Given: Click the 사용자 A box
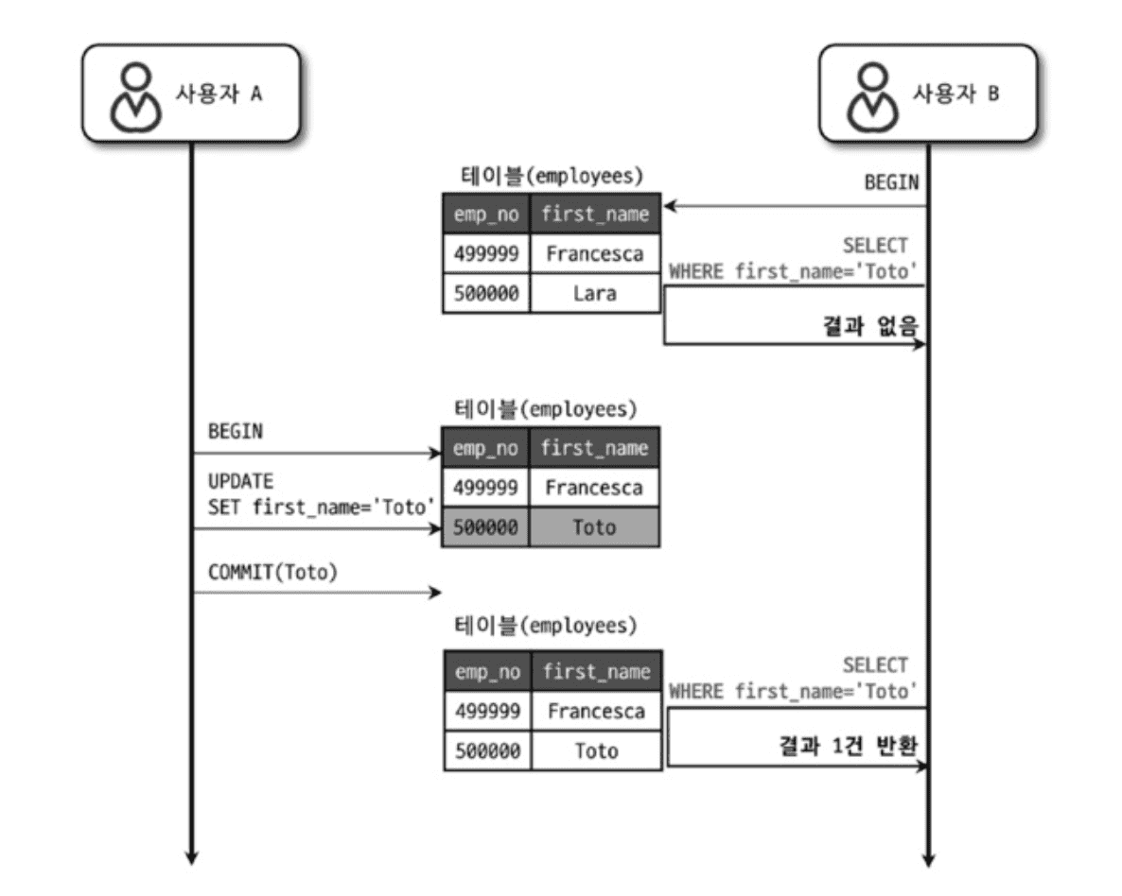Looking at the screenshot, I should [191, 94].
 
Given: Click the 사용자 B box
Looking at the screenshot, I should [928, 94].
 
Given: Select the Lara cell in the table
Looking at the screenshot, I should [595, 293].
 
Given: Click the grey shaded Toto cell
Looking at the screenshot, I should [595, 527].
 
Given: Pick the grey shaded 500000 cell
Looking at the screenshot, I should [485, 527].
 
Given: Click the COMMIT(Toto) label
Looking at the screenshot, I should [272, 572].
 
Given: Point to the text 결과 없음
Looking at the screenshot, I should [871, 326].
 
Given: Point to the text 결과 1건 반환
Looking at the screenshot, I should [849, 747].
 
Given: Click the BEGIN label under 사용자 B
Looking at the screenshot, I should [891, 183].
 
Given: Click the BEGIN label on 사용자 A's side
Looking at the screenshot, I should [236, 431].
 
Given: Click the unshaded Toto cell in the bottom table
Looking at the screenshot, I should [596, 751].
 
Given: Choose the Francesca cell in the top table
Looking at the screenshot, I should [595, 253].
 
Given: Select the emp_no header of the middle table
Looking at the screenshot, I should [485, 448].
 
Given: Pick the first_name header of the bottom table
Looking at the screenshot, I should [596, 672].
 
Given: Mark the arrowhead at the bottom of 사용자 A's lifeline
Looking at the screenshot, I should [191, 856].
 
